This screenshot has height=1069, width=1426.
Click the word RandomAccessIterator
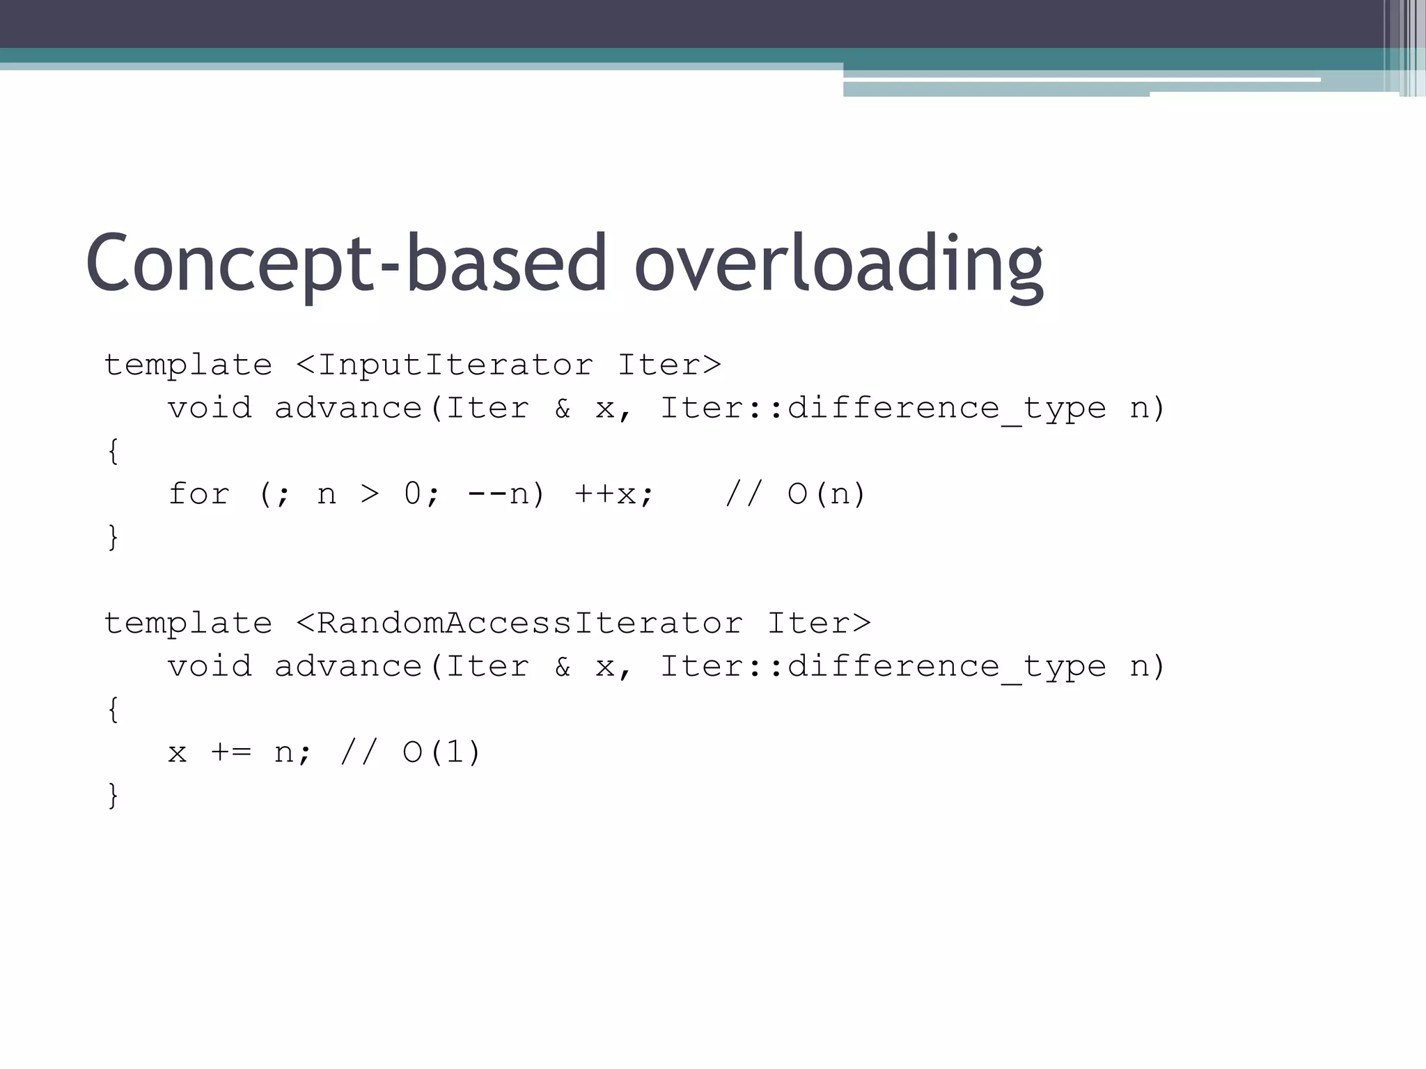(x=529, y=623)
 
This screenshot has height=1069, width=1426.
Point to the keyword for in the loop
(x=198, y=494)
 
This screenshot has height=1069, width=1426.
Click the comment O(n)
(x=826, y=494)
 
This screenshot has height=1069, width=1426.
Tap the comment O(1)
(x=441, y=752)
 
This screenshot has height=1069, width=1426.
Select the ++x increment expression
(x=613, y=494)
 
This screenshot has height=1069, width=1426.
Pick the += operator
(x=230, y=752)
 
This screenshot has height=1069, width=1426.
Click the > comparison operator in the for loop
(x=370, y=494)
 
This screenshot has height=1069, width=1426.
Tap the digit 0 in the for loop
(x=413, y=494)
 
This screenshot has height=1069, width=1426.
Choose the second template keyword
(x=188, y=623)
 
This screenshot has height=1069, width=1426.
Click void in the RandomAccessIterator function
(x=210, y=667)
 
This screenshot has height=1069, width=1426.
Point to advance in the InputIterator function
(x=348, y=409)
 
